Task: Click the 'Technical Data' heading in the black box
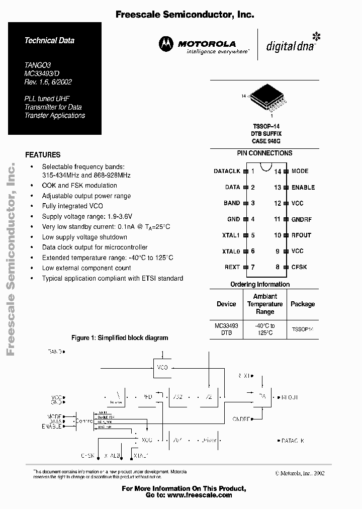pos(49,40)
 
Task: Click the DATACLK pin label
pos(227,172)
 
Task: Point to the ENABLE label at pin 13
pos(303,188)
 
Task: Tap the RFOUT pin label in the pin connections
pos(302,235)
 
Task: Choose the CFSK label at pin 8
pos(299,267)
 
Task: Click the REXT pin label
pos(232,267)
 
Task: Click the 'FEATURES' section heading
pos(43,155)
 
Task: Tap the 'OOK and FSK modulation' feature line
pos(79,186)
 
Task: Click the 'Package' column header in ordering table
pos(303,304)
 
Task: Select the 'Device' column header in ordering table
pos(226,304)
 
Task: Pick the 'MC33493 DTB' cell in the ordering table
pos(226,329)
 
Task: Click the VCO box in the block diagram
pos(162,367)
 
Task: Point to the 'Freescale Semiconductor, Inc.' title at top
pos(185,15)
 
